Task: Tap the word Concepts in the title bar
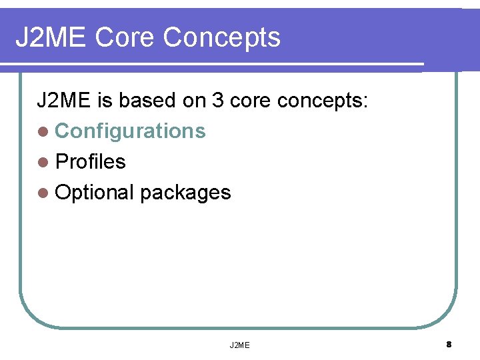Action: click(x=221, y=37)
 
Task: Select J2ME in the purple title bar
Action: click(x=51, y=37)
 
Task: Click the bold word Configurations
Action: click(x=130, y=131)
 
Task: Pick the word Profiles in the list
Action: click(x=90, y=161)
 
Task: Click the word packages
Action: click(x=185, y=193)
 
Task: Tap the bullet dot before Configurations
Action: click(x=43, y=131)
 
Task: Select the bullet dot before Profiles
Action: click(x=43, y=162)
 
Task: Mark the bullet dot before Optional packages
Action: click(x=43, y=193)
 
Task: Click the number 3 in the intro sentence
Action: click(x=217, y=101)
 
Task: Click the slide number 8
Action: click(x=449, y=345)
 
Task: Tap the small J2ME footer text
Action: click(x=239, y=345)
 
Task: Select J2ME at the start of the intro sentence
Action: click(x=64, y=101)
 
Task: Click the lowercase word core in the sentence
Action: click(x=249, y=101)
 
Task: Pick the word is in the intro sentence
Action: click(x=105, y=101)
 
